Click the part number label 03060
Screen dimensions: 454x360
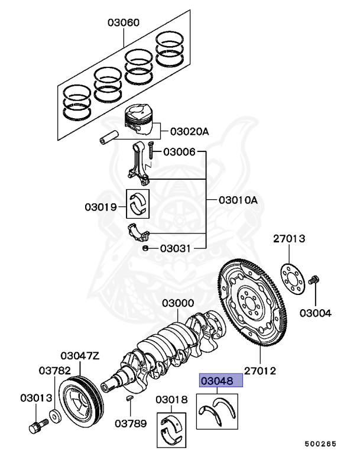(124, 23)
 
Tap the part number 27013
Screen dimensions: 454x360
(289, 239)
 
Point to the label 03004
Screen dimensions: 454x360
(315, 313)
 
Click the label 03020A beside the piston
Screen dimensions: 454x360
(190, 131)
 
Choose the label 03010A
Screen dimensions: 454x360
(238, 200)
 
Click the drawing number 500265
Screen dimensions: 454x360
(321, 443)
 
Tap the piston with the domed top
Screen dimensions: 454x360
(141, 121)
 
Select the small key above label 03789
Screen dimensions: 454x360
(129, 400)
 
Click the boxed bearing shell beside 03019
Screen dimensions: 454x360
(139, 203)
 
